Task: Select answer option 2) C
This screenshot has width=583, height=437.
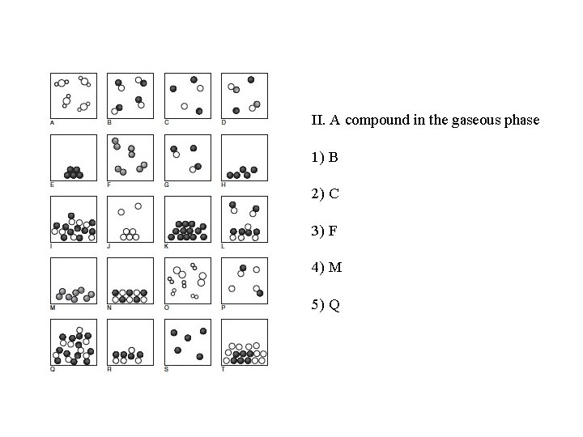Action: (x=324, y=194)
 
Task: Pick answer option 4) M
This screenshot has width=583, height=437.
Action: (x=326, y=265)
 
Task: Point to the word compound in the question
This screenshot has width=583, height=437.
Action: (x=376, y=121)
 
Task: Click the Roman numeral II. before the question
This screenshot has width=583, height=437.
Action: (x=317, y=121)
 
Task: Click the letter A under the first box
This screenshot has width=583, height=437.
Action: (x=52, y=123)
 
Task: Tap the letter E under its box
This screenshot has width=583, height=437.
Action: (x=52, y=185)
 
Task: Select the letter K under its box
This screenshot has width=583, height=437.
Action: (x=166, y=246)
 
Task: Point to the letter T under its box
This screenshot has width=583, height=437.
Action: (x=223, y=369)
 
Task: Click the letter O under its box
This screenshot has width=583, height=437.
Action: (x=166, y=308)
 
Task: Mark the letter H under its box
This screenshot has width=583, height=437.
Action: (x=223, y=185)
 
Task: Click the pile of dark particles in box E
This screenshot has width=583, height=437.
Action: (x=73, y=172)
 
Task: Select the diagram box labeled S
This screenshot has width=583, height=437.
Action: (x=187, y=342)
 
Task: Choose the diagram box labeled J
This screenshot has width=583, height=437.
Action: (x=130, y=218)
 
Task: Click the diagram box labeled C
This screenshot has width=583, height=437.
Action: (x=187, y=95)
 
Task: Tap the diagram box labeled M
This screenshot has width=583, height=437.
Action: (x=74, y=280)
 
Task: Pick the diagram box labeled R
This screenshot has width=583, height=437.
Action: (x=130, y=342)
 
